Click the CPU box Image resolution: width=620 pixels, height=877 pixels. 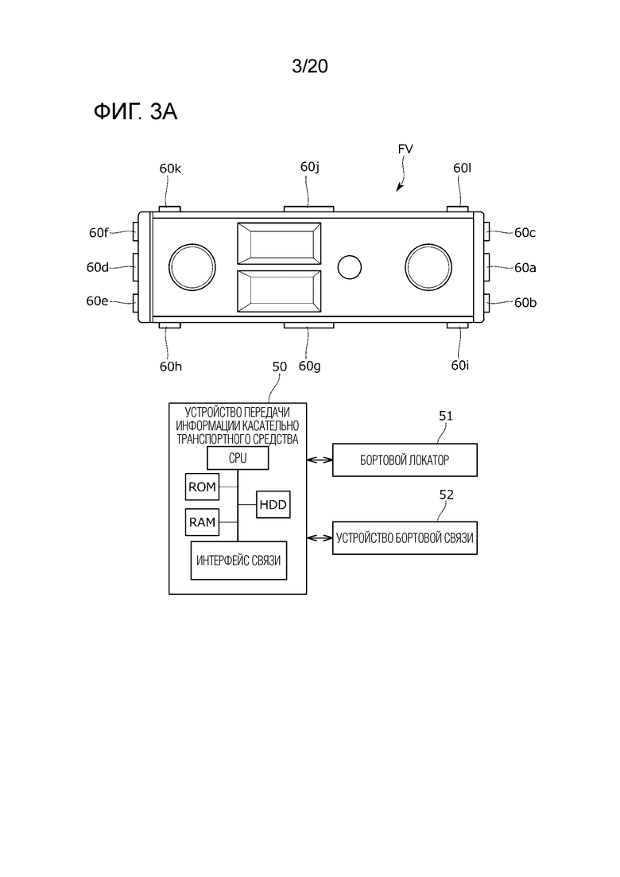238,459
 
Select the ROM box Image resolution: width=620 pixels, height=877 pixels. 202,487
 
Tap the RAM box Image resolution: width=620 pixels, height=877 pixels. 202,522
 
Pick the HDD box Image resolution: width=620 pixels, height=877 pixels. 273,505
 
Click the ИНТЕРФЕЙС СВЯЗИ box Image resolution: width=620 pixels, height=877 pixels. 238,561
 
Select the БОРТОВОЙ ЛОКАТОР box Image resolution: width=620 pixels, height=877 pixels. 405,460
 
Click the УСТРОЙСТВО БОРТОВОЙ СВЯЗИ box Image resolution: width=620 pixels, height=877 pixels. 405,538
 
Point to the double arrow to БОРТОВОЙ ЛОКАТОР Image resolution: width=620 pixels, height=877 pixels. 320,460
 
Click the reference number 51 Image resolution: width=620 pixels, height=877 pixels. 446,416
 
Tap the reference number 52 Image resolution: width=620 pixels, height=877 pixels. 446,495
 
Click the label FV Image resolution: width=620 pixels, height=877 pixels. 405,149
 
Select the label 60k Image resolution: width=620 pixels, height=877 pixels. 171,169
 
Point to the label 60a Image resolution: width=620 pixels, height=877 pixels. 525,268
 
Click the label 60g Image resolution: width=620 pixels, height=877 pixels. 310,367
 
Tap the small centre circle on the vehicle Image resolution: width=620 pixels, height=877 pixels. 350,267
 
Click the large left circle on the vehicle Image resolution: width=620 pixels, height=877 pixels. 192,267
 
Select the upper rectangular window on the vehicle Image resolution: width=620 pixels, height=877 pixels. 279,243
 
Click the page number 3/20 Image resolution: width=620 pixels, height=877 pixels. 310,67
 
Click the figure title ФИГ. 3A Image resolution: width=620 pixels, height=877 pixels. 135,112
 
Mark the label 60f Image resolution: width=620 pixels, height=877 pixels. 99,233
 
